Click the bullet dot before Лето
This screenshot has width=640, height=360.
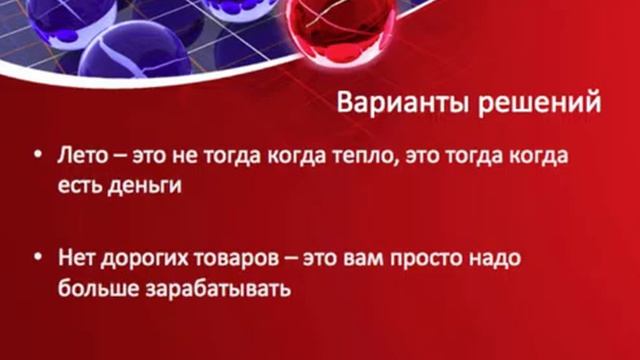36,160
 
